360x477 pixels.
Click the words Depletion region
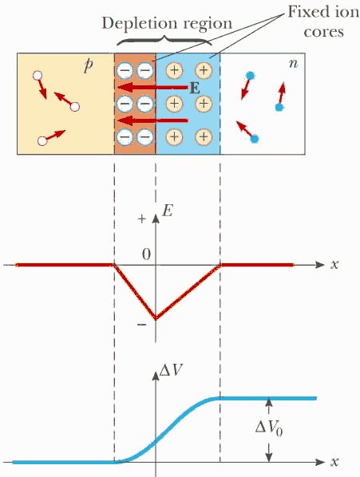coord(167,24)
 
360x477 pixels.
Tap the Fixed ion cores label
coord(323,22)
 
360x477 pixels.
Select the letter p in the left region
coord(88,65)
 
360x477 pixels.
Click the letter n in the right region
coord(294,64)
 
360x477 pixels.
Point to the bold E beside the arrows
coord(195,89)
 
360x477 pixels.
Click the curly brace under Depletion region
coord(164,41)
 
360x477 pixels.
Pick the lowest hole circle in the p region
coord(42,141)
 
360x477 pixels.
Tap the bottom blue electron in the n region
coord(255,139)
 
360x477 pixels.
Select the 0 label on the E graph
coord(146,254)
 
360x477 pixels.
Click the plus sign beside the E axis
coord(142,219)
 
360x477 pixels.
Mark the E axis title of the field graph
coord(168,211)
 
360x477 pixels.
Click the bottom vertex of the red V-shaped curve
coord(156,319)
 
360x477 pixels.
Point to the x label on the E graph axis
coord(334,265)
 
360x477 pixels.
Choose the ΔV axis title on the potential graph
coord(171,371)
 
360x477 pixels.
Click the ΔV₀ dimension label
coord(269,428)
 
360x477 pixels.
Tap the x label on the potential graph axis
coord(334,462)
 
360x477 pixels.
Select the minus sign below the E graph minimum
coord(142,325)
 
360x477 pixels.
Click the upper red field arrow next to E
coord(152,88)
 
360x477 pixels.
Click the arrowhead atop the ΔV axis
coord(156,376)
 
